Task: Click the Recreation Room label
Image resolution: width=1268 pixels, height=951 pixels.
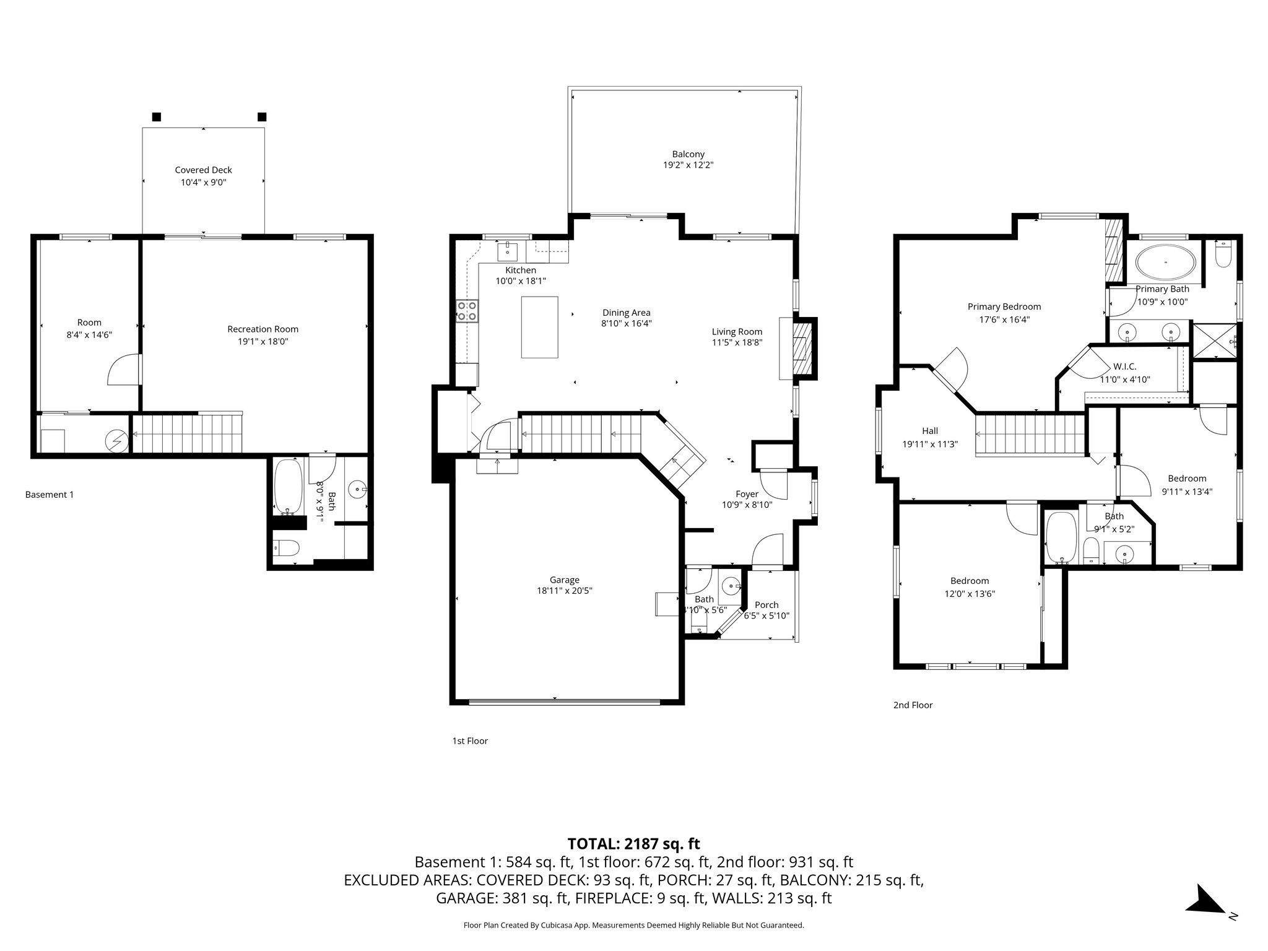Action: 263,329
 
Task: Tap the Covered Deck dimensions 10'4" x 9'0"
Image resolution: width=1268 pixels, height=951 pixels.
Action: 203,183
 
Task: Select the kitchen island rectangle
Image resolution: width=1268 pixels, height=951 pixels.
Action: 539,327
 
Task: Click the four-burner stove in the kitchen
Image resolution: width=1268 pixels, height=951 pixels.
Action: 467,311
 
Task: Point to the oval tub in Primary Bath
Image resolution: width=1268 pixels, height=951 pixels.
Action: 1166,263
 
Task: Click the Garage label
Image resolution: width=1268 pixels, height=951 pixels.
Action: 564,580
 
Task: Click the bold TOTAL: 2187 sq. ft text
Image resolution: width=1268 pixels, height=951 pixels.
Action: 633,843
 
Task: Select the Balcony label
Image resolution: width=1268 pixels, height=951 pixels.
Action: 688,154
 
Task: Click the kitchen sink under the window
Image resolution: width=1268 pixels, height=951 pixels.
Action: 507,251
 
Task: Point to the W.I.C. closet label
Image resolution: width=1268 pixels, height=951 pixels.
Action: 1124,367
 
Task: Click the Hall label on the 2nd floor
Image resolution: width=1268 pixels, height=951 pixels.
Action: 929,431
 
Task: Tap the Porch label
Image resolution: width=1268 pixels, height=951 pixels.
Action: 766,605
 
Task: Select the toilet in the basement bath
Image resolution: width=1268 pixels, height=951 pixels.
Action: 286,547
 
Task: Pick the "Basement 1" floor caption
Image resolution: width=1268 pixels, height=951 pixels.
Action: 50,495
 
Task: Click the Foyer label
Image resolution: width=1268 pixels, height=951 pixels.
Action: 747,494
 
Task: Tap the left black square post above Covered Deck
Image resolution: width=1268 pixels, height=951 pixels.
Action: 157,116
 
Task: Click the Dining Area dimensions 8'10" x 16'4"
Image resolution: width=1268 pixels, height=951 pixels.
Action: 626,323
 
